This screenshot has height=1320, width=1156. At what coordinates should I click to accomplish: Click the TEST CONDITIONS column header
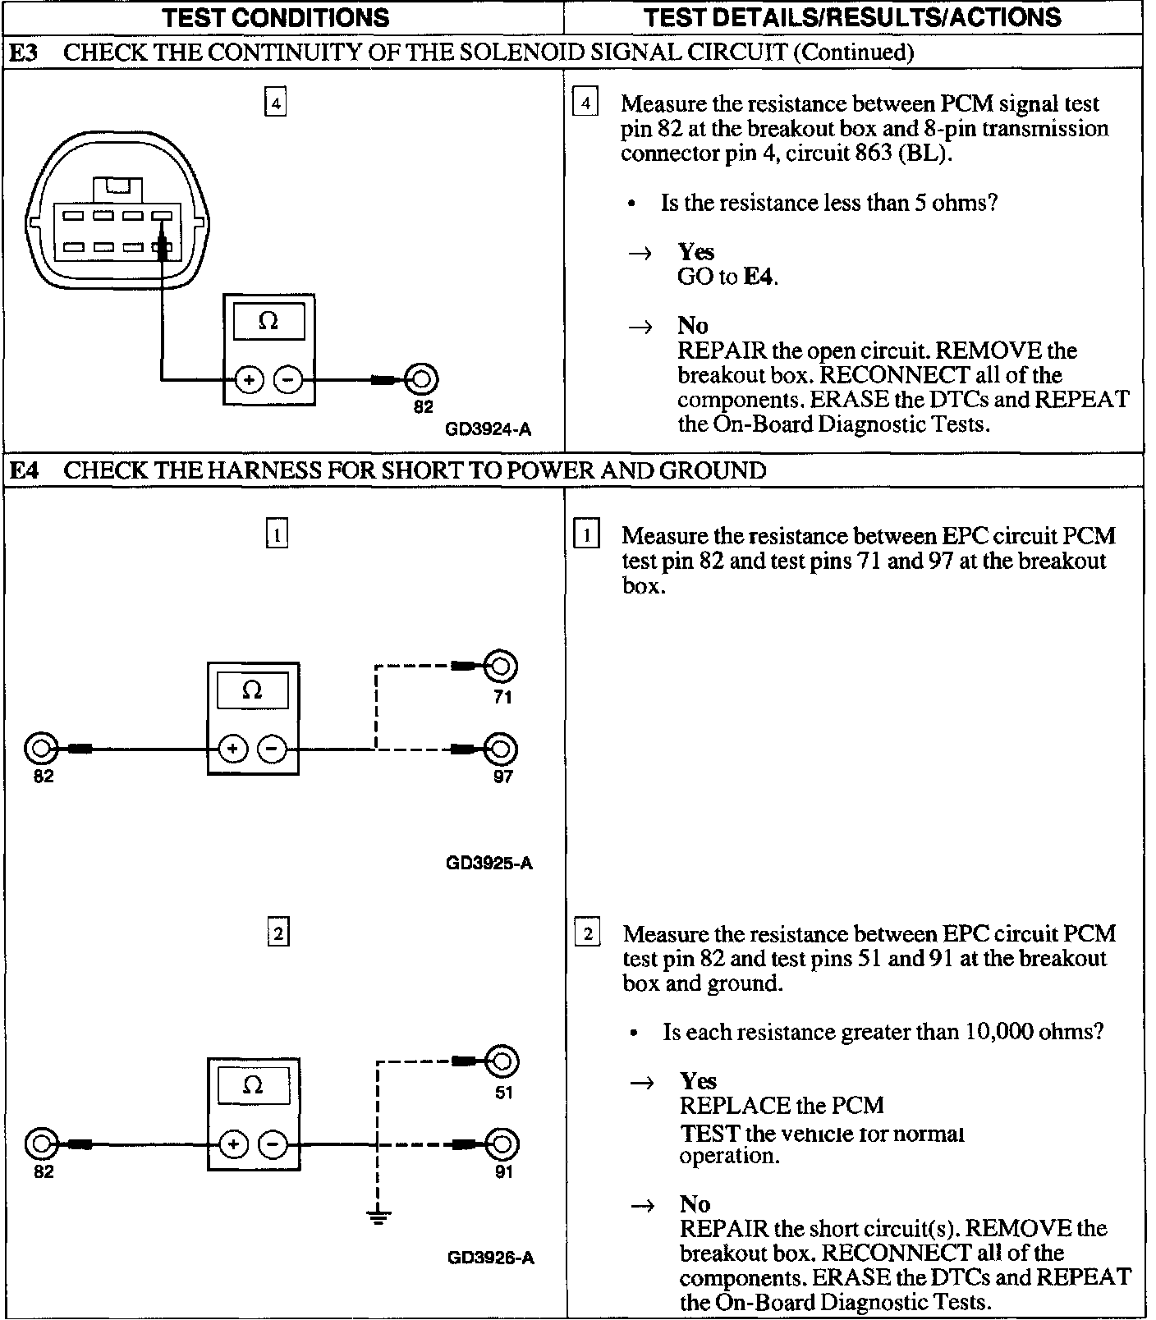276,17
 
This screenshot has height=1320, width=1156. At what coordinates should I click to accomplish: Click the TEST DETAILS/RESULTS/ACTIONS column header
852,17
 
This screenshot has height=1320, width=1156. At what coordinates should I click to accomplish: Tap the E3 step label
24,53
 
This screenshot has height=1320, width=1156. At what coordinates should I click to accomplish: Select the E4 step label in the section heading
24,470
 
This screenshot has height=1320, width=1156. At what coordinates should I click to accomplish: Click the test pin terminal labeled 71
501,666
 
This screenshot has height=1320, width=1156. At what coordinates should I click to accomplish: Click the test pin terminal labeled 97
501,749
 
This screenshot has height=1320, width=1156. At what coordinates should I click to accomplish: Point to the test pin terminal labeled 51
502,1061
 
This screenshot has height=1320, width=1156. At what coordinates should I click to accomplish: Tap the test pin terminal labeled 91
502,1144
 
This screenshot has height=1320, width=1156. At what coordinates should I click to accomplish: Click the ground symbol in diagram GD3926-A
378,1216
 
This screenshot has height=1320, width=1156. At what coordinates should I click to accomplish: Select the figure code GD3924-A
488,429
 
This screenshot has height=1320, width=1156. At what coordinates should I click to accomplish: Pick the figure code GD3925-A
489,863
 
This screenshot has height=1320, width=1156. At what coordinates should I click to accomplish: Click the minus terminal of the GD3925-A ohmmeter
273,749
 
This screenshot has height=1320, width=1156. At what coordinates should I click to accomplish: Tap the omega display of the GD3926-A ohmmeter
253,1085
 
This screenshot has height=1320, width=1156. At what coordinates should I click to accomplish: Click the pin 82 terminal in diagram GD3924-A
422,379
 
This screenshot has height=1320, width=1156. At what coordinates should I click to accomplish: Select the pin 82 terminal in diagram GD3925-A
41,749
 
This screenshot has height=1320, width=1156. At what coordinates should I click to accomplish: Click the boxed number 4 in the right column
585,103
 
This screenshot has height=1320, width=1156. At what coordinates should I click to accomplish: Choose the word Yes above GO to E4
695,252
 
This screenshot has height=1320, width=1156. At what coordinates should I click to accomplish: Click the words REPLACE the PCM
782,1106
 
